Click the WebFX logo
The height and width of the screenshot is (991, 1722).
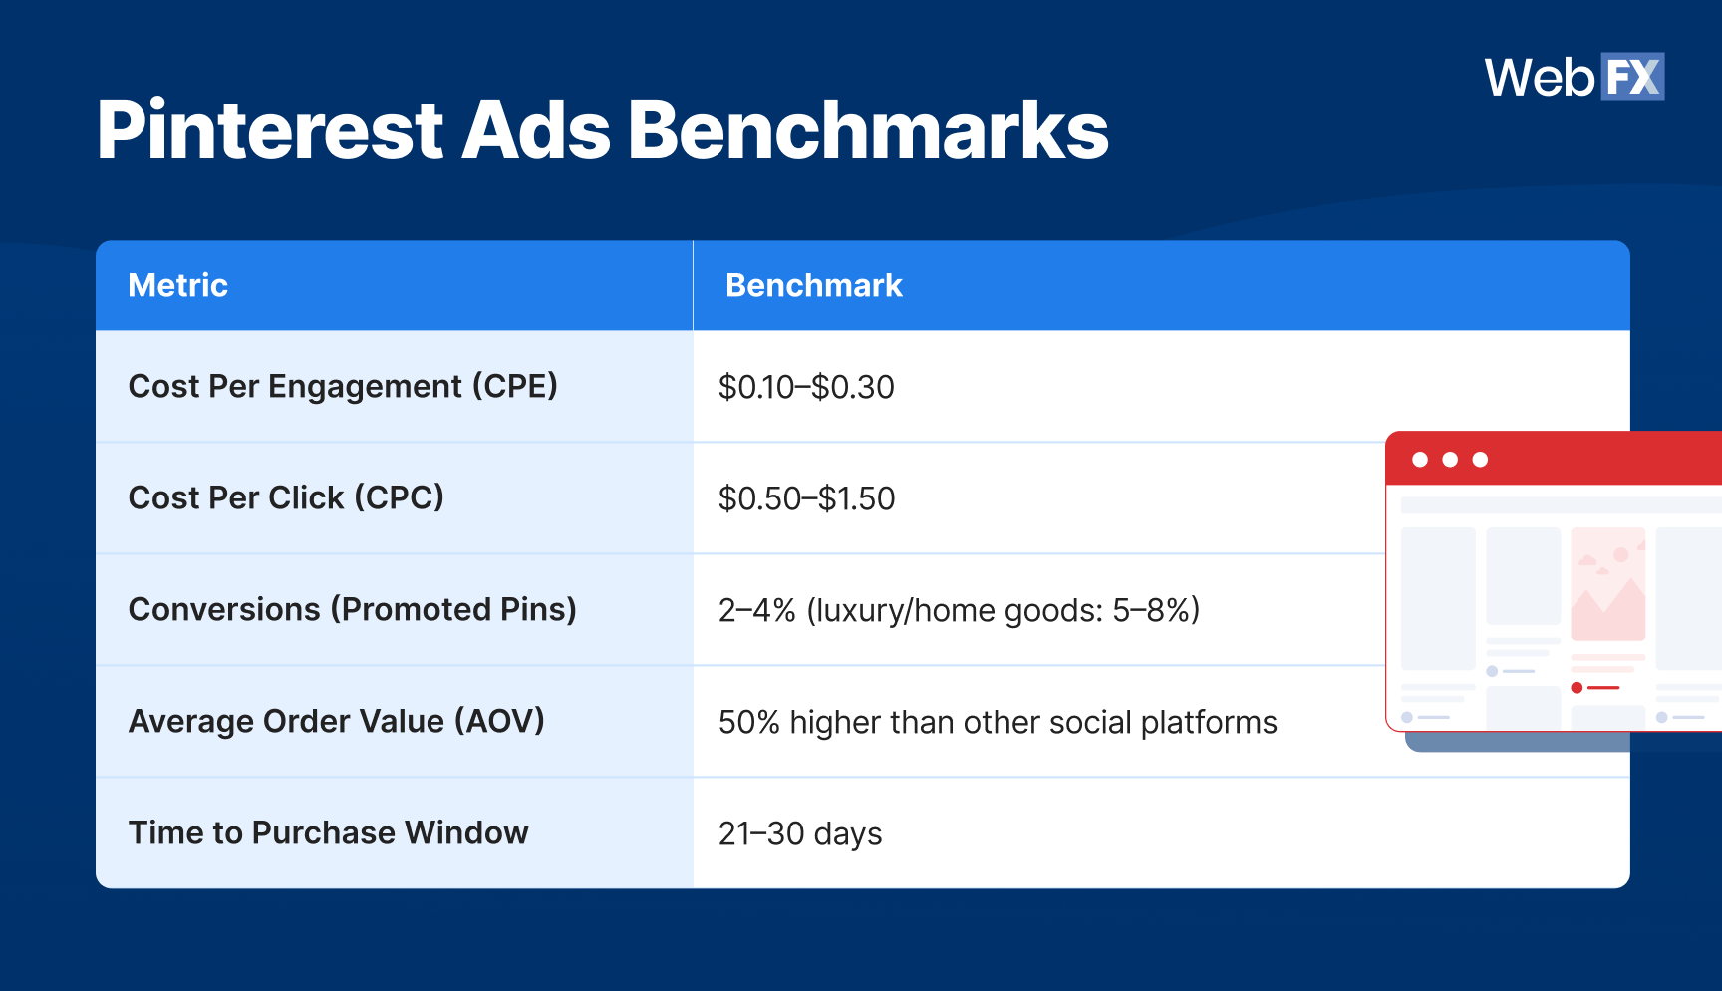point(1573,77)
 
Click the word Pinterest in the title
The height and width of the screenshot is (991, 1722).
point(269,131)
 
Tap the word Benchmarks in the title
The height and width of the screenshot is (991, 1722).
point(867,131)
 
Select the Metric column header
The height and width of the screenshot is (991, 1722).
point(178,286)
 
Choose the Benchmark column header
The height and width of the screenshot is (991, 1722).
point(813,286)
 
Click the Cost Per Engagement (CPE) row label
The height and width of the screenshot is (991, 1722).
point(343,387)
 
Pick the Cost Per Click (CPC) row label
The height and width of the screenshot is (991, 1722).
point(286,497)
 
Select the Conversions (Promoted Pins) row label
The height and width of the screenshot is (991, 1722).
point(353,609)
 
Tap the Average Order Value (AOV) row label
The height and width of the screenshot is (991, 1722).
point(337,721)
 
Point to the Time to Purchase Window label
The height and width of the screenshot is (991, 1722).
point(329,832)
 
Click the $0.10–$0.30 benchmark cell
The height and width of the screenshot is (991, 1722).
point(806,387)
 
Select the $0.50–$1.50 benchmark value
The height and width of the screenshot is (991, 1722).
point(806,498)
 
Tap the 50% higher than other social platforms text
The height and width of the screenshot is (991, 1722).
point(998,722)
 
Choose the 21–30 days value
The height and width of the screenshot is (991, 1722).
point(800,833)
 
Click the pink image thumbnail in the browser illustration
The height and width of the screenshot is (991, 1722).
point(1607,584)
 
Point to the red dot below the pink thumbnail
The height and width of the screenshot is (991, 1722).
point(1577,687)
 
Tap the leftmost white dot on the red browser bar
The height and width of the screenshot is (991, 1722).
point(1420,460)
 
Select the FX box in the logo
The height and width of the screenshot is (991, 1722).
point(1632,77)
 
